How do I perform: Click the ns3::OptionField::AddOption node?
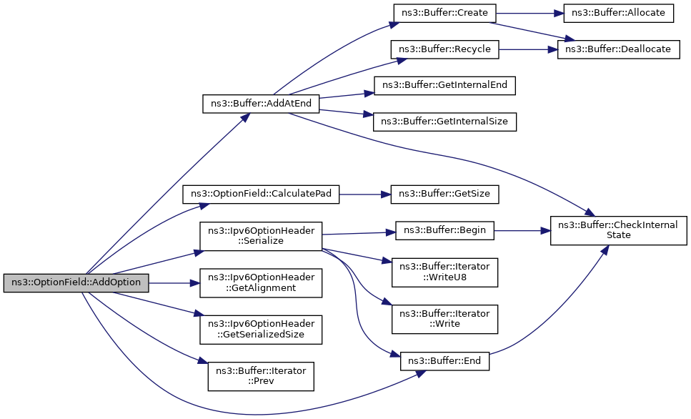tap(76, 283)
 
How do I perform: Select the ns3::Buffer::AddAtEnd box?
tap(260, 104)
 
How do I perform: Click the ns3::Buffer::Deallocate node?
tap(618, 50)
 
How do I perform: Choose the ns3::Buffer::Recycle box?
tap(444, 50)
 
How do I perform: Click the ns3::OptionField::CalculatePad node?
tap(261, 194)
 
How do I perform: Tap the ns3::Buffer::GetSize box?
tap(444, 194)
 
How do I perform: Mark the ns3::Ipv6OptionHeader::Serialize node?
tap(260, 235)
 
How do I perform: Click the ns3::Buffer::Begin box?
tap(444, 230)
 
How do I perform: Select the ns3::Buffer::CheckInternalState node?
tap(618, 230)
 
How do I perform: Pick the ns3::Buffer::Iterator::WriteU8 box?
tap(444, 272)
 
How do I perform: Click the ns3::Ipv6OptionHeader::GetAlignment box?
tap(260, 283)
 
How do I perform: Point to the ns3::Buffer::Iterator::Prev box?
tap(260, 376)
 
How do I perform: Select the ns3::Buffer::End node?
tap(444, 361)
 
